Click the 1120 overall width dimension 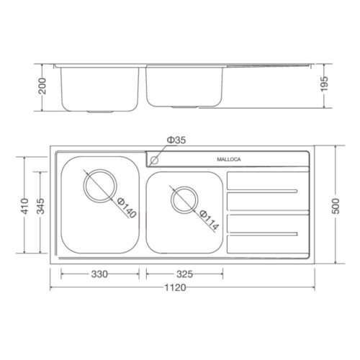[x=175, y=287]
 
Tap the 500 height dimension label [x=336, y=206]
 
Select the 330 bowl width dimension [x=99, y=274]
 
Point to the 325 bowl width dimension [x=184, y=274]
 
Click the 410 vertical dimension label [x=24, y=206]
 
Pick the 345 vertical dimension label [x=40, y=206]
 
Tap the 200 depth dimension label [x=42, y=86]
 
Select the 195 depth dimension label [x=324, y=84]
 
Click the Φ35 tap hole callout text [x=176, y=140]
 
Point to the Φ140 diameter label [x=127, y=208]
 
